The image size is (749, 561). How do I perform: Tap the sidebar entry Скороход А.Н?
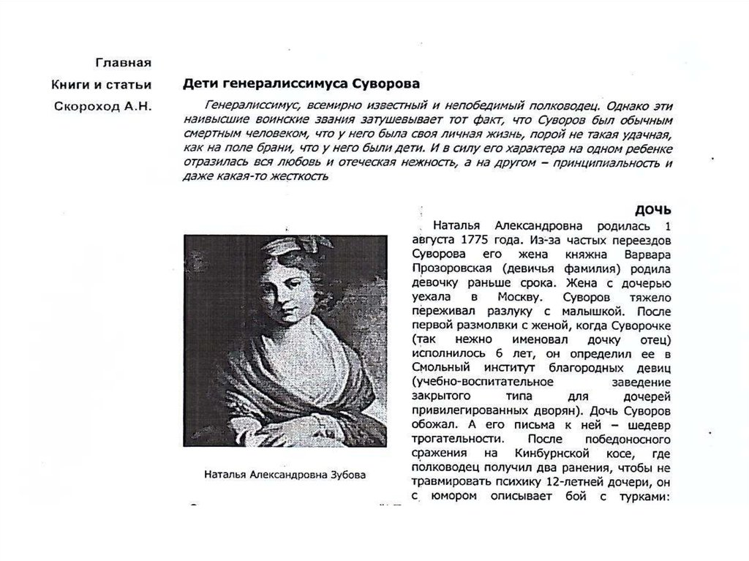[x=103, y=107]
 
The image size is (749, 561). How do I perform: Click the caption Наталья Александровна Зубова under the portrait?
[x=286, y=474]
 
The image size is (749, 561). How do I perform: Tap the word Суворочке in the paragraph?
[x=639, y=325]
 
